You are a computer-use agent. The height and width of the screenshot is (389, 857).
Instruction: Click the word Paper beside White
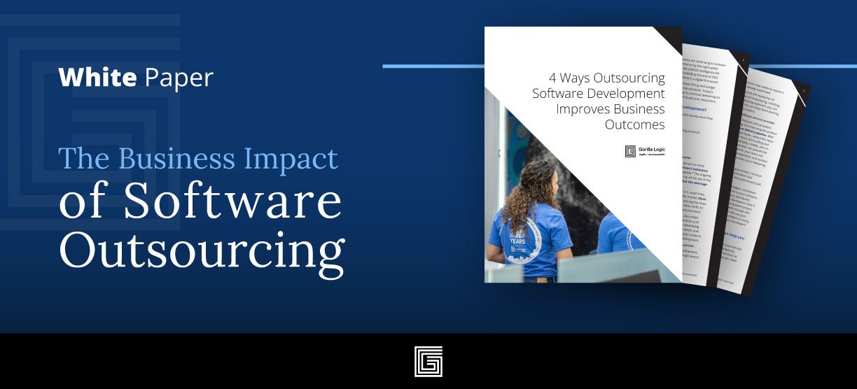[178, 78]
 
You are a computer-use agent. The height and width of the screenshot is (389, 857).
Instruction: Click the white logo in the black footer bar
[428, 361]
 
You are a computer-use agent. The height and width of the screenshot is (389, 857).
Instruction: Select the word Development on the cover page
[625, 93]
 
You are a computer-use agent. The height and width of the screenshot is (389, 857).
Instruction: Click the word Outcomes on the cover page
[634, 125]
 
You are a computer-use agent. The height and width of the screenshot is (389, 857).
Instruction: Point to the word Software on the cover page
[558, 93]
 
